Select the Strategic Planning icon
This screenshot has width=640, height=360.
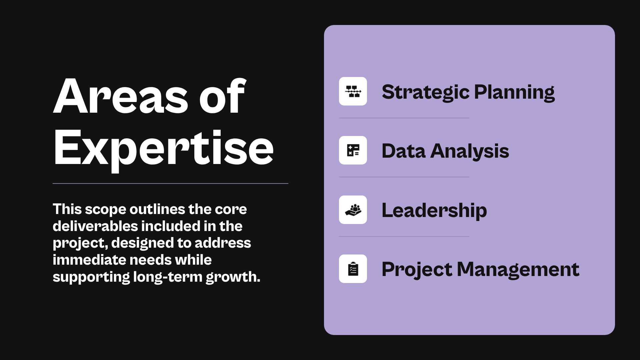353,91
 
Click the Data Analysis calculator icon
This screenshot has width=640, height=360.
353,150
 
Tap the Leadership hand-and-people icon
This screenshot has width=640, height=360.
353,210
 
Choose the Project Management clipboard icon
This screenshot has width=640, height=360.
353,269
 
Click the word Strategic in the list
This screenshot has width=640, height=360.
425,92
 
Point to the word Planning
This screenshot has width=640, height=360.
514,92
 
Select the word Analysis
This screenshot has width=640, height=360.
470,151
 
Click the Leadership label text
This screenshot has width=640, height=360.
434,210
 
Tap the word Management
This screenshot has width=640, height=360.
518,269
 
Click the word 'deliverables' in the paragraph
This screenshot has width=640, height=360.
95,226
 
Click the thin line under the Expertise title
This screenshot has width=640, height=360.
170,183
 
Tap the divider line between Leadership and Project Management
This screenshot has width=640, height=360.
404,236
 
